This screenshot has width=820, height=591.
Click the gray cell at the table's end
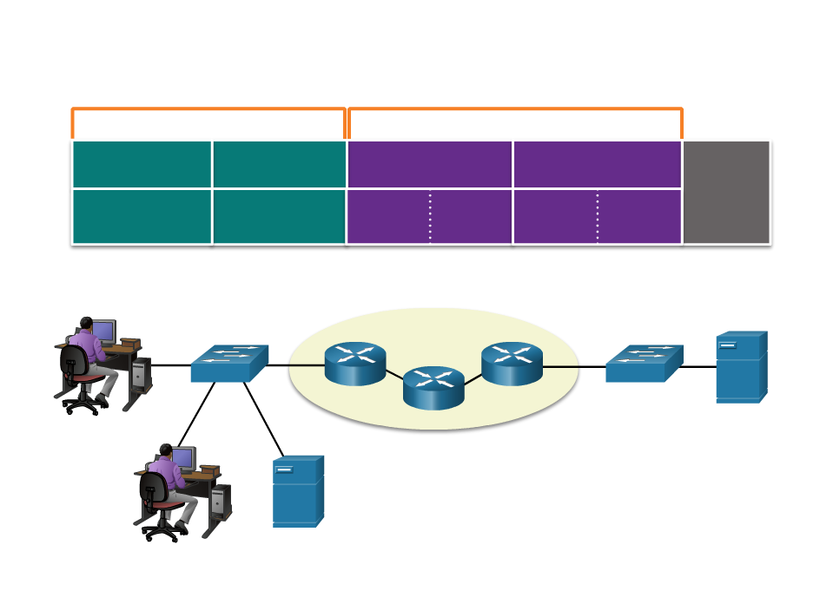[x=726, y=192]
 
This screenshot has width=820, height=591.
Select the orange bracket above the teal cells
[x=208, y=110]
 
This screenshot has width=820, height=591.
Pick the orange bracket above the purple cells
[x=514, y=110]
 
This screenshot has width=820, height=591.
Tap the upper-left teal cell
[x=142, y=164]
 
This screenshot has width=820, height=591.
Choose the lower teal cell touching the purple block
[x=279, y=216]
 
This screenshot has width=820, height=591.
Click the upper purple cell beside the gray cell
[x=597, y=164]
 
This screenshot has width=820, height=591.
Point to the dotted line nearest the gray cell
[x=598, y=217]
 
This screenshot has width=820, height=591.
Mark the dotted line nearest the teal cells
[x=430, y=217]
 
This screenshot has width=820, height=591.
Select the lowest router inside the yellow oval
[x=433, y=388]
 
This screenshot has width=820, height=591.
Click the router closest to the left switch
[x=355, y=364]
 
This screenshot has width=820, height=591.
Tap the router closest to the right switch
[x=512, y=364]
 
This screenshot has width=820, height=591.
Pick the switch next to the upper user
[x=229, y=364]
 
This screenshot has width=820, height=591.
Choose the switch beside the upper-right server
[x=644, y=364]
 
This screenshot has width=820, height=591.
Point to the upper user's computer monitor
[x=103, y=331]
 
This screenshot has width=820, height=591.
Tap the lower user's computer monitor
[x=182, y=457]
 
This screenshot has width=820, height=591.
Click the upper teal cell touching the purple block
[x=279, y=164]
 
